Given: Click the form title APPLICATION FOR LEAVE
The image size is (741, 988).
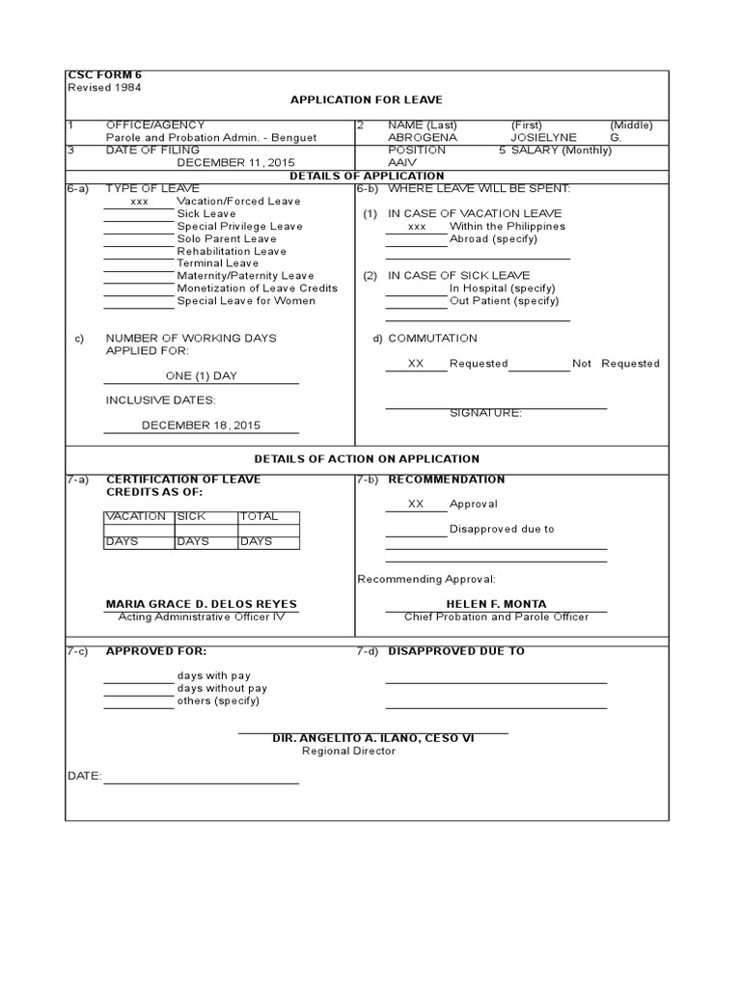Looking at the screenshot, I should [x=367, y=99].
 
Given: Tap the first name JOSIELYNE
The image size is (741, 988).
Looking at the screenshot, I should [x=543, y=138].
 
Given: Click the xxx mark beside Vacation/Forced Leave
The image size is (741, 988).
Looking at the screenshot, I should [x=140, y=202].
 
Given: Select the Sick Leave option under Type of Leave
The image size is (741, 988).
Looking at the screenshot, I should [x=206, y=213].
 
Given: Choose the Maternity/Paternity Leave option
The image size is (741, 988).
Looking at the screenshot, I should [x=245, y=276].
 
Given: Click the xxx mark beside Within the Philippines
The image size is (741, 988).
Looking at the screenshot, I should [x=417, y=227].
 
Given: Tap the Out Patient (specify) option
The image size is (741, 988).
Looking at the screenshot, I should [x=504, y=301].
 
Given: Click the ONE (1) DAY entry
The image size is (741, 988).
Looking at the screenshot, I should [x=201, y=376].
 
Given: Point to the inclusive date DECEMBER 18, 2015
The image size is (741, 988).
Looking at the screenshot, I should [x=201, y=425].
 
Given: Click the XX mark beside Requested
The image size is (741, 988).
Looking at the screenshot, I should [x=416, y=364].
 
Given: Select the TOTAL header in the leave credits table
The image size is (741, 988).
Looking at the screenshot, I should [x=259, y=516].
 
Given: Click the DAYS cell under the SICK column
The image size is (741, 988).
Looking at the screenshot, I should [x=193, y=541].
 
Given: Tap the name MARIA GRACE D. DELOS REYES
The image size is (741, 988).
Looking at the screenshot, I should [x=202, y=604].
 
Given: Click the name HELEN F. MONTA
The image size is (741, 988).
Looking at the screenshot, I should [x=496, y=604].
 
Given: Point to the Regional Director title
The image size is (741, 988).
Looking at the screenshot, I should [x=348, y=751].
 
